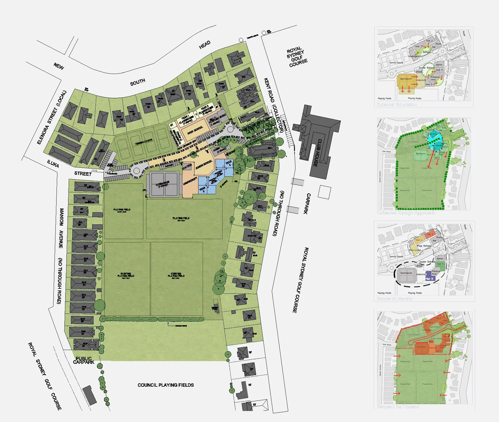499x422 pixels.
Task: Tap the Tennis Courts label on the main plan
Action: (144, 142)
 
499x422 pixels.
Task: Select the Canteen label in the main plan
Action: (187, 167)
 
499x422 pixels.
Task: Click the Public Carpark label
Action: (84, 360)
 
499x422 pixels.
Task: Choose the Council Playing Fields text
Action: (166, 385)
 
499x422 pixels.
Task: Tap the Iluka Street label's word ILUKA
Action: (53, 164)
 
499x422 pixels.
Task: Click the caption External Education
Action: (397, 105)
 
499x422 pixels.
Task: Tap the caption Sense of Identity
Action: (395, 299)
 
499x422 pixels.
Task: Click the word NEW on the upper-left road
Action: (59, 66)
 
